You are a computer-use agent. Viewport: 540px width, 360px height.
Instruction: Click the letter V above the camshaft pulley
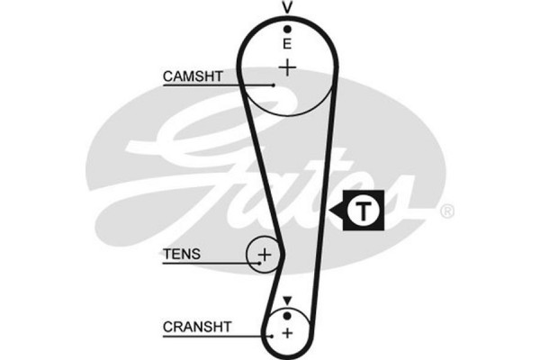287,7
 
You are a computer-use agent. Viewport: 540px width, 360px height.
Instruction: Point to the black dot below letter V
287,28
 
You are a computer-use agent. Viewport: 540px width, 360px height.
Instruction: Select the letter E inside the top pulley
287,43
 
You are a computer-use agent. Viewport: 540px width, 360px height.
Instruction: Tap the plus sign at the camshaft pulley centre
287,67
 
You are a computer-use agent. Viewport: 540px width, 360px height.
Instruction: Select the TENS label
182,255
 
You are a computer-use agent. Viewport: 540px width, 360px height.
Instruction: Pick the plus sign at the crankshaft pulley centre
287,333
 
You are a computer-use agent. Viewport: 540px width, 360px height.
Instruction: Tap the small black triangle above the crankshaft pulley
287,300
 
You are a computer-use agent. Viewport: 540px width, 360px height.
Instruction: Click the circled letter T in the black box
362,211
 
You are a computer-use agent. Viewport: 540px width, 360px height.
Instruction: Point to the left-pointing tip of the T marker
330,212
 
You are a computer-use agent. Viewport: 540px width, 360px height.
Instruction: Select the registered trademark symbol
447,211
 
